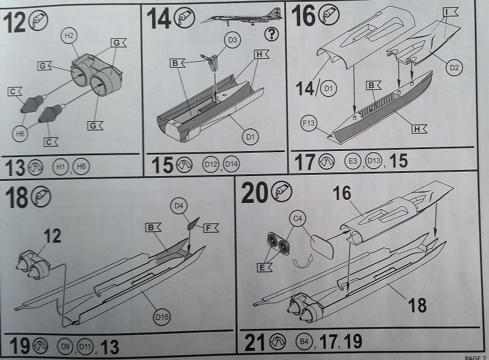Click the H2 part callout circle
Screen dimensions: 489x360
[x=69, y=36]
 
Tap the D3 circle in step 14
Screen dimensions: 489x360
[x=232, y=40]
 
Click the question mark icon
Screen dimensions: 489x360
[x=271, y=34]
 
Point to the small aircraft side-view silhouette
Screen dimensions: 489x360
[x=241, y=17]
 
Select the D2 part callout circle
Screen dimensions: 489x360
[x=454, y=67]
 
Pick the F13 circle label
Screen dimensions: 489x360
[x=309, y=123]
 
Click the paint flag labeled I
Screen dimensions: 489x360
[x=450, y=12]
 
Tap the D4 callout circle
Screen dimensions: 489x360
[x=178, y=206]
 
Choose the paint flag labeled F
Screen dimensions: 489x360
[x=211, y=228]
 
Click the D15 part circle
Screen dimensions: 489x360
[x=162, y=317]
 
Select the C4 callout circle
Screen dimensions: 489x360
[x=298, y=219]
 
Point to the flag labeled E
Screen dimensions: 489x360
[x=265, y=267]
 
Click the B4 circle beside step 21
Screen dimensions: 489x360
[x=304, y=342]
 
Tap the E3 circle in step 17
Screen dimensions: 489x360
[x=353, y=161]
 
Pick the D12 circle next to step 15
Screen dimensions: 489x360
[x=210, y=164]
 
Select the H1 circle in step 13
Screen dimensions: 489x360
[x=61, y=166]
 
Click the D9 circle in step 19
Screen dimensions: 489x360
[x=65, y=347]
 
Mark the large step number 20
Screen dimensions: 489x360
[x=254, y=193]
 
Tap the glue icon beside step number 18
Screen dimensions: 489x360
[x=42, y=197]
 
